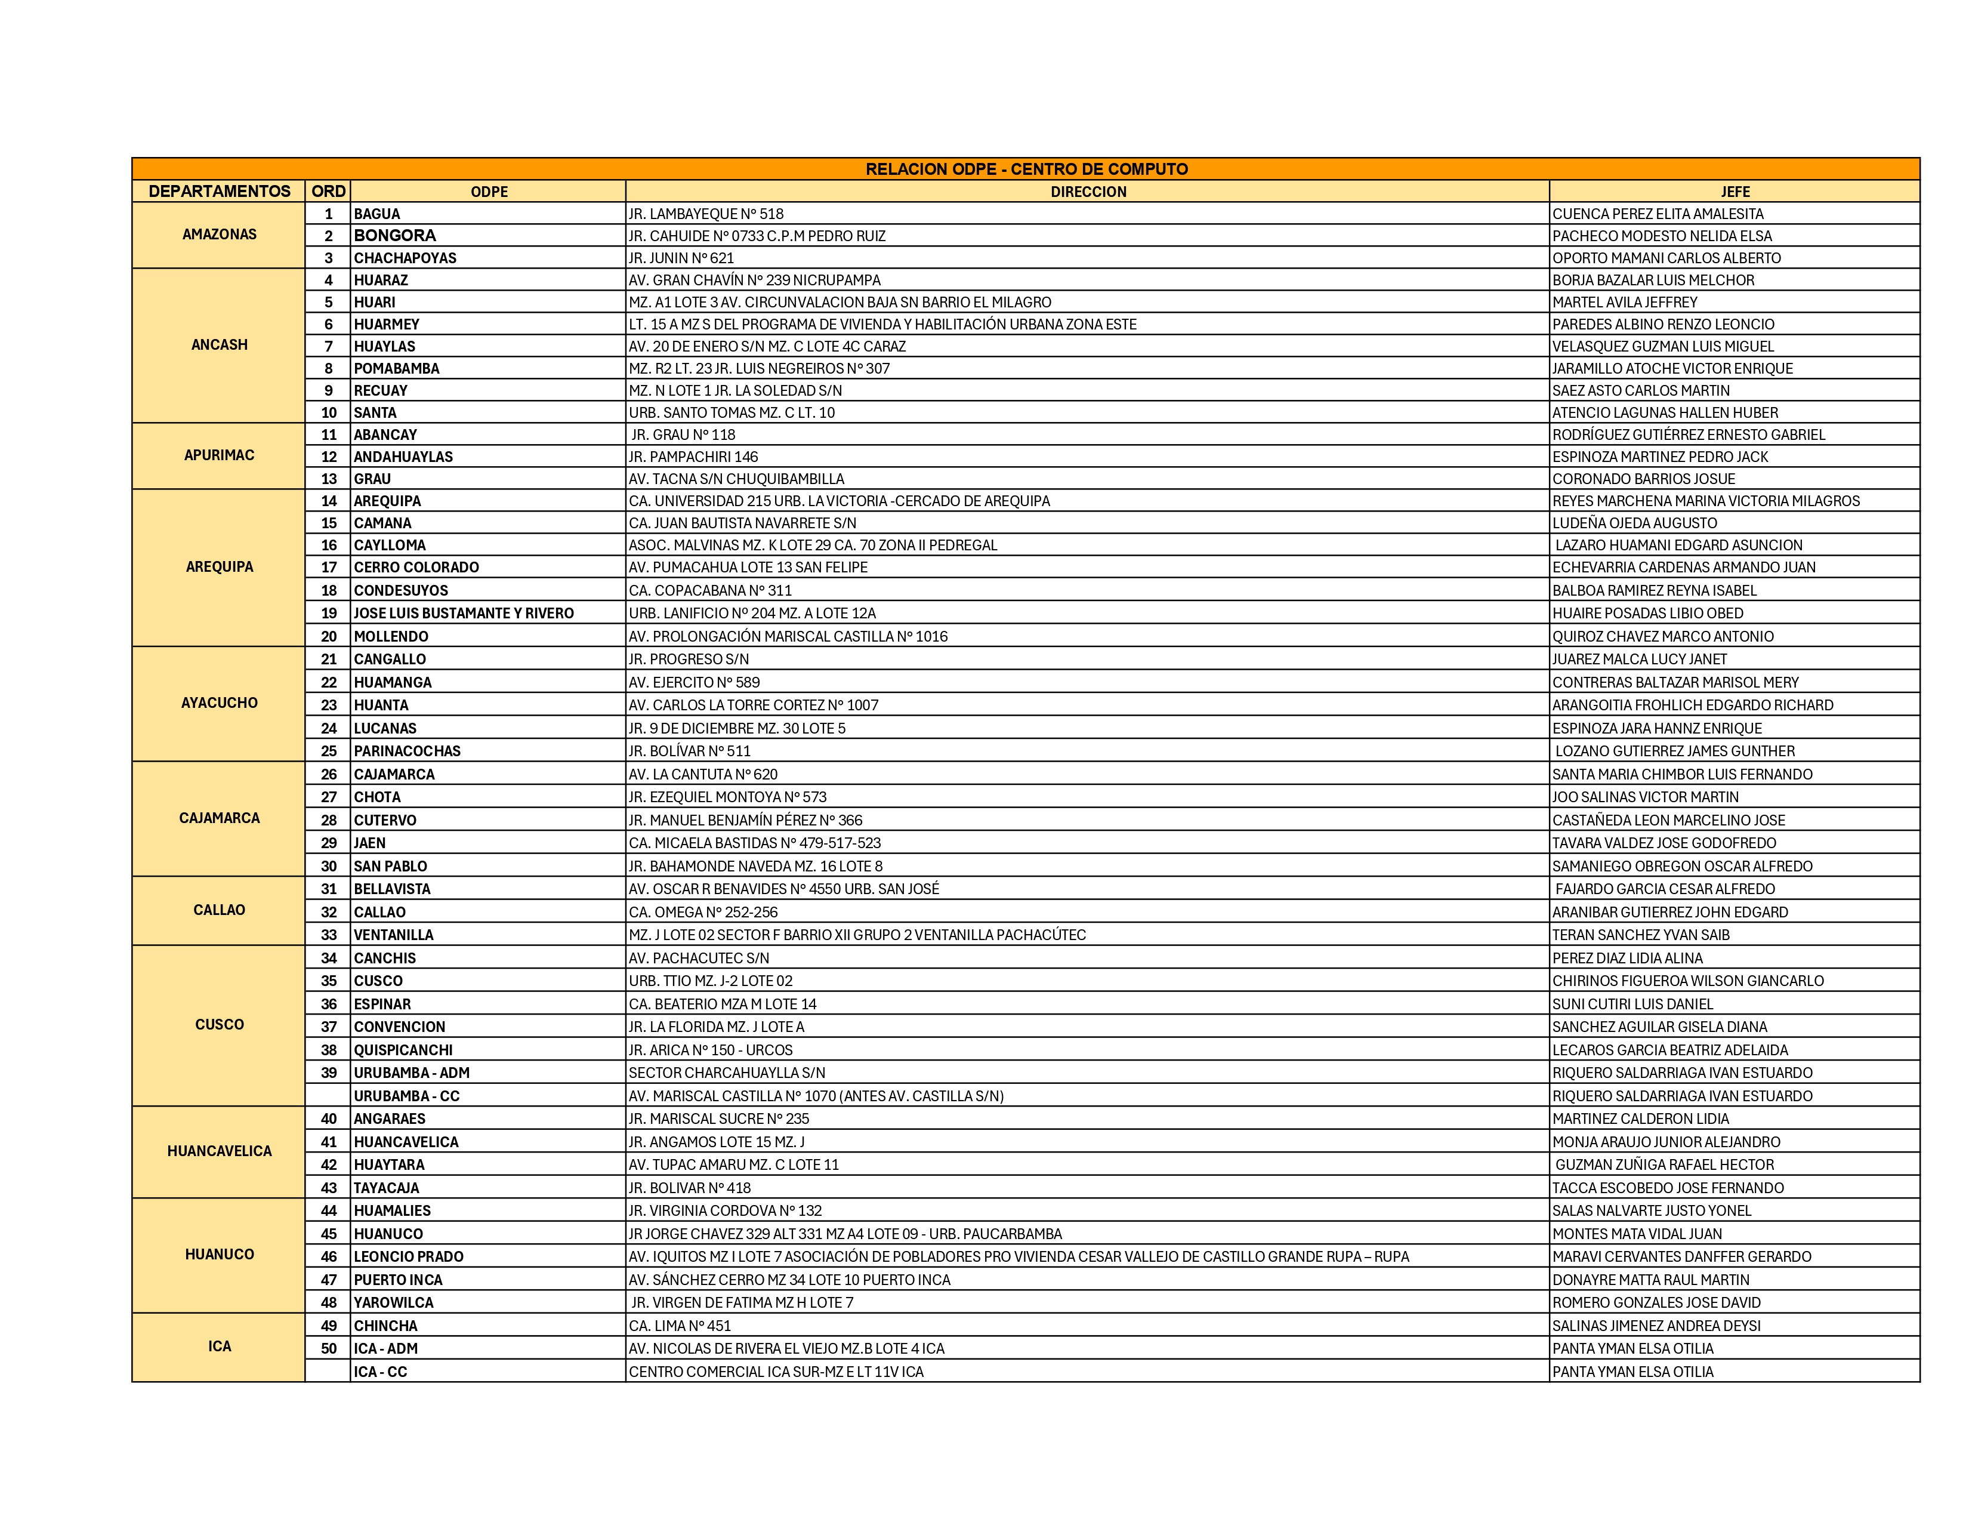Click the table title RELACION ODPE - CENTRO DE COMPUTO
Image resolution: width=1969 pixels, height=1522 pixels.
(x=1026, y=168)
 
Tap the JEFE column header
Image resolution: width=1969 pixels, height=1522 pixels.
(x=1735, y=191)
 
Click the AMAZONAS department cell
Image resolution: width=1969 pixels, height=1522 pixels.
(x=219, y=235)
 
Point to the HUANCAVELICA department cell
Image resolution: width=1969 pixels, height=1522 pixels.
(x=219, y=1151)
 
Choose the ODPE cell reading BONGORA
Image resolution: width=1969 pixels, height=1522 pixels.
(x=395, y=235)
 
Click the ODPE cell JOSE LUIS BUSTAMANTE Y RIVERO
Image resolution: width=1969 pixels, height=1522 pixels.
(x=464, y=613)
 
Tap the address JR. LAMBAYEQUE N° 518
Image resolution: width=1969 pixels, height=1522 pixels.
(x=706, y=214)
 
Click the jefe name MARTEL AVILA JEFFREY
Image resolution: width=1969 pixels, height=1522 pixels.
(x=1625, y=302)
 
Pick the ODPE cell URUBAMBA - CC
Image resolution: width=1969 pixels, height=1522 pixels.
(x=406, y=1095)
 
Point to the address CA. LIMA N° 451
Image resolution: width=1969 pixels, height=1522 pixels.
(x=680, y=1326)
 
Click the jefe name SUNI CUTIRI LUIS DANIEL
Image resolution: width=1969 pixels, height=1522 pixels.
(x=1632, y=1003)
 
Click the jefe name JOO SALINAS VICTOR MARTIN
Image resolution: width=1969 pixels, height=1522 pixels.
(x=1646, y=797)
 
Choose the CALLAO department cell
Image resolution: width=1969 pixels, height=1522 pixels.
(x=219, y=910)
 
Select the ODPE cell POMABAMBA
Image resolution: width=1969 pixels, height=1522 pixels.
(x=397, y=368)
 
